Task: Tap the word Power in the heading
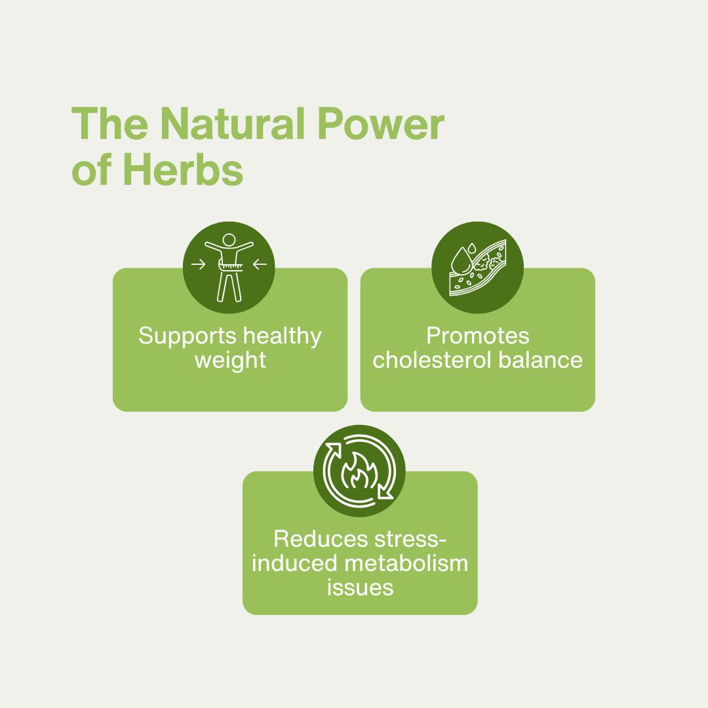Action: coord(381,124)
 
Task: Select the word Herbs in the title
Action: coord(183,170)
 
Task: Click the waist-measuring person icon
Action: coord(229,267)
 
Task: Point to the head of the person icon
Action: coord(229,240)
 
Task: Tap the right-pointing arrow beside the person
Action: coord(198,264)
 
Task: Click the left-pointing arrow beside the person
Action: coord(260,264)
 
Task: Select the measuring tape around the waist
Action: coord(231,266)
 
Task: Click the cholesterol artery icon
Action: coord(478,267)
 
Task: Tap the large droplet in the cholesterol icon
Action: coord(461,261)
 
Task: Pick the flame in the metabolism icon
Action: coord(359,471)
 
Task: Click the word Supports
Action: coord(187,337)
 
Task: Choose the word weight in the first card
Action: coord(230,361)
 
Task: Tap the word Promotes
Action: coord(478,336)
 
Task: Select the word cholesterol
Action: coord(431,361)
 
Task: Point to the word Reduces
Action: coord(321,539)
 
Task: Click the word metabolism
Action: coord(406,564)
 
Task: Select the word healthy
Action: coord(282,337)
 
